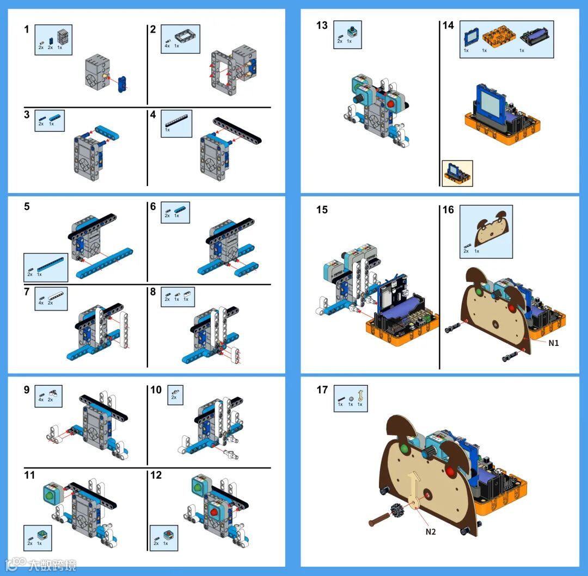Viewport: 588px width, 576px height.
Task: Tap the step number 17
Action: (x=322, y=390)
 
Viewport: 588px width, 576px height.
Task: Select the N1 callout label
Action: (x=553, y=343)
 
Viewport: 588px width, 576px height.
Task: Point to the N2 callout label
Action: (x=431, y=531)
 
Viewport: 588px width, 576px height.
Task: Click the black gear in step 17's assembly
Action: (x=396, y=512)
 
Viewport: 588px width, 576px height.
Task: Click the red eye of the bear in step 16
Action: (x=512, y=309)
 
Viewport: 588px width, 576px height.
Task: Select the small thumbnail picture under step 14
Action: (x=457, y=173)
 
